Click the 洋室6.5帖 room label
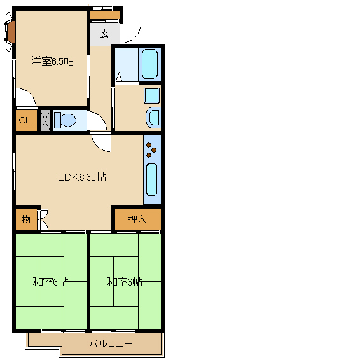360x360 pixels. (x=53, y=61)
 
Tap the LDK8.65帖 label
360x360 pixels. (x=82, y=177)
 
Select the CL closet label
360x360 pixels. (x=25, y=120)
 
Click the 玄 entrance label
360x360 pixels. (x=104, y=34)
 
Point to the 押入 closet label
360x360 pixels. (x=137, y=219)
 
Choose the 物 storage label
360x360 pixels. (x=25, y=219)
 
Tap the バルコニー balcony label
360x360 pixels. (x=111, y=343)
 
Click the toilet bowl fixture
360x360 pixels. (x=65, y=120)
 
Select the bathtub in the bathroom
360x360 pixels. (x=149, y=64)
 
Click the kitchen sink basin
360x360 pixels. (x=151, y=179)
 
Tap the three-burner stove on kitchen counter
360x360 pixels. (x=151, y=150)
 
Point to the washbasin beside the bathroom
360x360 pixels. (x=153, y=118)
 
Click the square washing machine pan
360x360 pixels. (x=151, y=95)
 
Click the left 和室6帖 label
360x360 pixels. (x=50, y=282)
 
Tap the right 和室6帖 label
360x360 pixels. (x=125, y=282)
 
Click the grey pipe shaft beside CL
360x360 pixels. (x=45, y=120)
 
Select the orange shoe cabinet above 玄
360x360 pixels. (x=105, y=15)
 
